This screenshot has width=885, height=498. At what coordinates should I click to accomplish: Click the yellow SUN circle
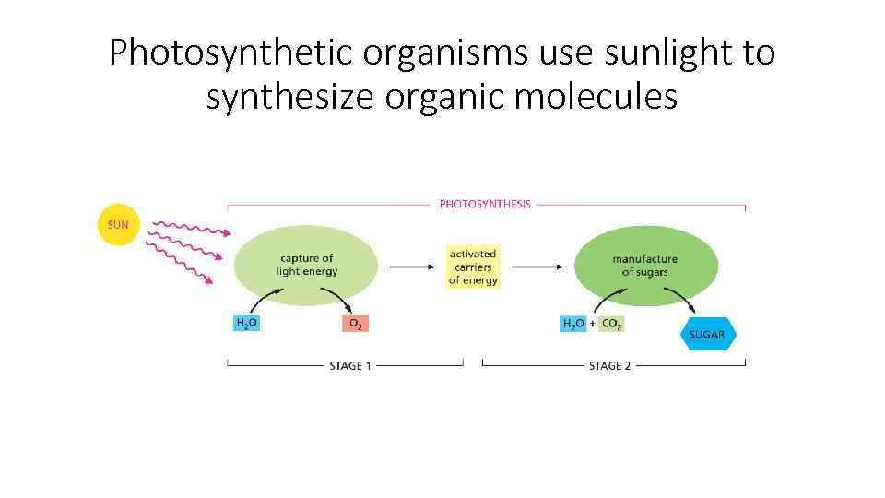pyautogui.click(x=118, y=224)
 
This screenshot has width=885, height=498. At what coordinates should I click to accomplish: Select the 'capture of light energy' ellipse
pyautogui.click(x=306, y=265)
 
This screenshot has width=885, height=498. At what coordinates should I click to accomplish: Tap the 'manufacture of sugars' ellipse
pyautogui.click(x=645, y=265)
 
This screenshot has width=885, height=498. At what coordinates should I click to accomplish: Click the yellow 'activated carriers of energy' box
pyautogui.click(x=472, y=267)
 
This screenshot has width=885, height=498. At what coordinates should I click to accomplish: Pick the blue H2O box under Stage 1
pyautogui.click(x=246, y=324)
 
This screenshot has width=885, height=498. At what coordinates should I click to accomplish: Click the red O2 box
pyautogui.click(x=355, y=324)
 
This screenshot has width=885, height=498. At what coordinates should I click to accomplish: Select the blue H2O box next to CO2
pyautogui.click(x=573, y=324)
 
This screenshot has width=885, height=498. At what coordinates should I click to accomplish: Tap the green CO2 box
pyautogui.click(x=612, y=324)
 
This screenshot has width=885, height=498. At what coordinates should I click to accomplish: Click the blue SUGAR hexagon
pyautogui.click(x=707, y=334)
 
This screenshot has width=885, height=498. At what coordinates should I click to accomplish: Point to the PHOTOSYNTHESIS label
pyautogui.click(x=485, y=204)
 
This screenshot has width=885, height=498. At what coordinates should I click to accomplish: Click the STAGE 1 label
pyautogui.click(x=350, y=366)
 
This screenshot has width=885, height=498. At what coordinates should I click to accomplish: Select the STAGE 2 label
pyautogui.click(x=610, y=366)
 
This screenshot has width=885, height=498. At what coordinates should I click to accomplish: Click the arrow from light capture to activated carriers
pyautogui.click(x=412, y=267)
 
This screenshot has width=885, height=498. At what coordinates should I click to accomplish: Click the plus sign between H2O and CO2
pyautogui.click(x=593, y=324)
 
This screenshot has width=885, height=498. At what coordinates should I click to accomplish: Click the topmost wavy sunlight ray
pyautogui.click(x=189, y=227)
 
